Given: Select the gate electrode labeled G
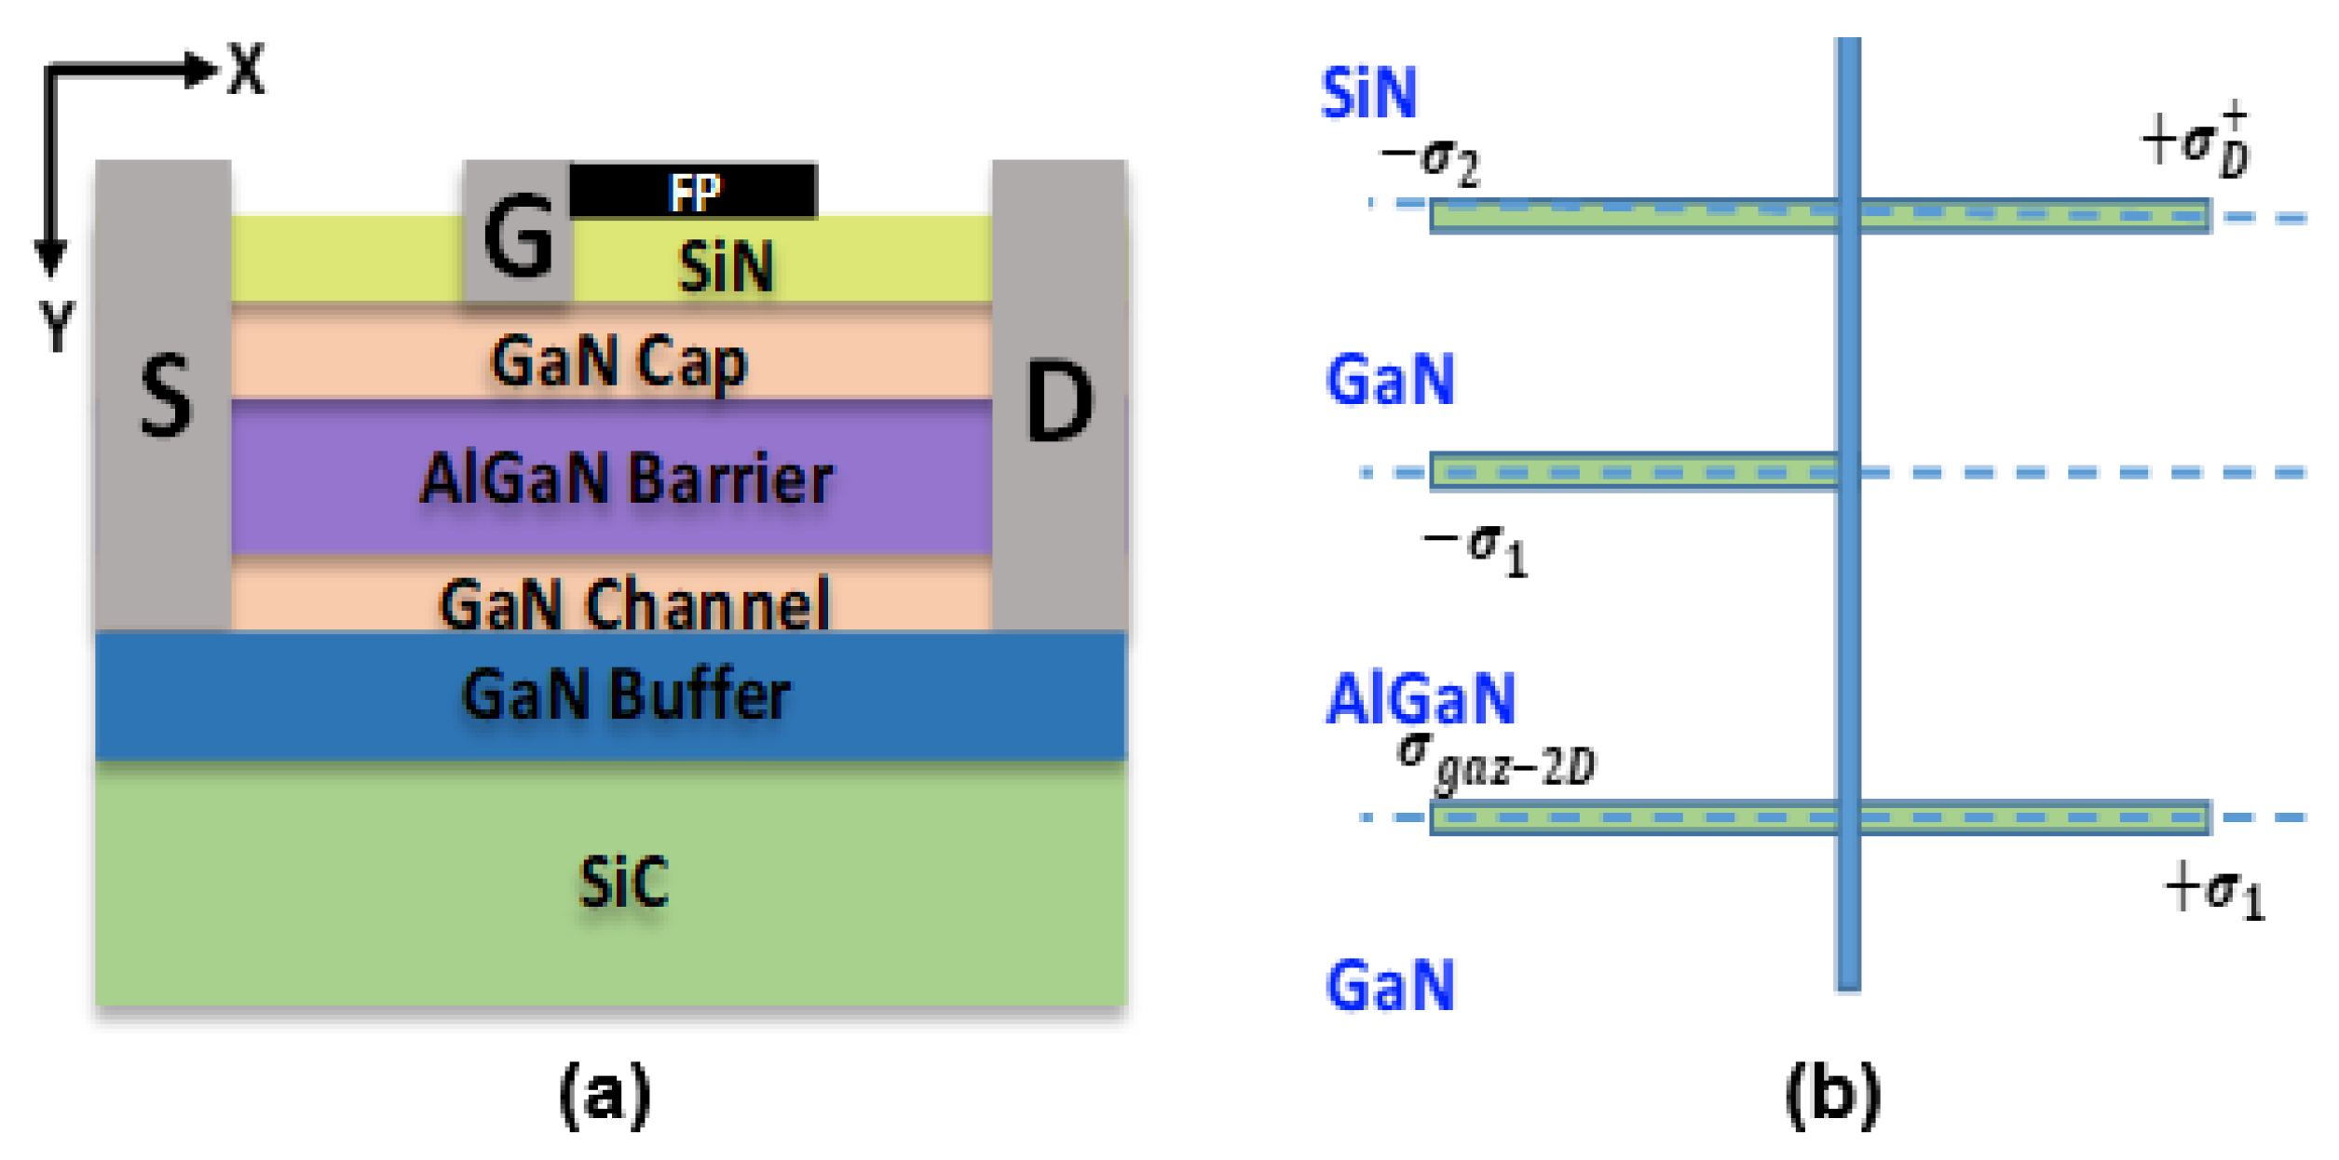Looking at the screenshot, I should [518, 237].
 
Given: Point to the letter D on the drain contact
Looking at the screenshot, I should [1058, 401].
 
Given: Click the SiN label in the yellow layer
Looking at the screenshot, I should [726, 267].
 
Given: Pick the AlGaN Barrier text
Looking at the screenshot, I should [626, 479].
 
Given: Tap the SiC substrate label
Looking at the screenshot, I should [623, 881].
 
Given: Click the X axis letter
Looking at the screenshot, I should [247, 69].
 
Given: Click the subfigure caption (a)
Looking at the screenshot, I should [605, 1095].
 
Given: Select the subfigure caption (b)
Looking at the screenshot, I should [1832, 1095].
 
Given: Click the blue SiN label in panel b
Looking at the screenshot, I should [1368, 93].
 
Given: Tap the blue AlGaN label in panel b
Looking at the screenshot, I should [1421, 699].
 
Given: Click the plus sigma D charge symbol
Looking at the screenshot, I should [2196, 142].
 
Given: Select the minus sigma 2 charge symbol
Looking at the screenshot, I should [1430, 163].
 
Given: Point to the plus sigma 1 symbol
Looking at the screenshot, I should [2214, 890].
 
